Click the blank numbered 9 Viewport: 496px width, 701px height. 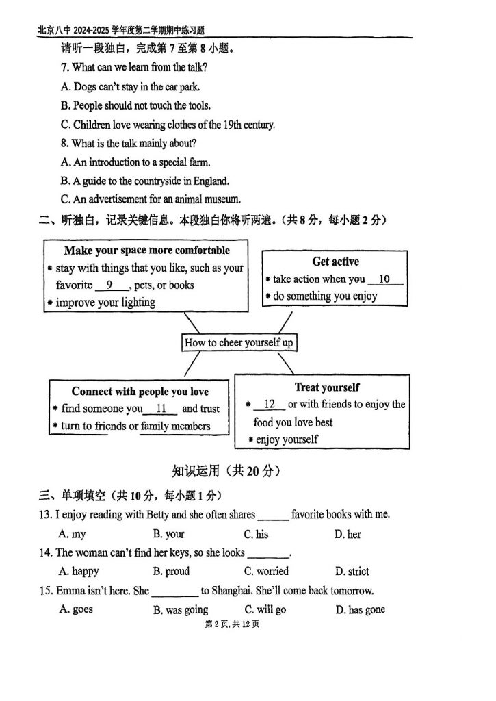pos(109,285)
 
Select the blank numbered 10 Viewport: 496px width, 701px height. pos(384,279)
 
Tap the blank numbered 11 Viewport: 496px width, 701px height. pos(161,409)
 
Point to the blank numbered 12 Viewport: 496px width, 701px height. pos(269,405)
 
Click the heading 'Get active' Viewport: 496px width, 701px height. pos(335,262)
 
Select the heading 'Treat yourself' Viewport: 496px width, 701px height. pos(327,387)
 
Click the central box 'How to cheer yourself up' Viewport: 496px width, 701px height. pos(239,342)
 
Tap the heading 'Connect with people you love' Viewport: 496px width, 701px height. pos(140,392)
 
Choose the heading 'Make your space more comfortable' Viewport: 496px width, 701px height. pos(147,251)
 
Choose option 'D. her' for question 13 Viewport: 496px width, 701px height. pos(348,534)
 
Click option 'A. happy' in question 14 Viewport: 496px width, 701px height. pos(79,571)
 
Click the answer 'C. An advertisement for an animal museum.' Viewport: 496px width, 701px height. pos(151,199)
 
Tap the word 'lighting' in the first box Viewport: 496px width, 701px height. pos(137,302)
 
